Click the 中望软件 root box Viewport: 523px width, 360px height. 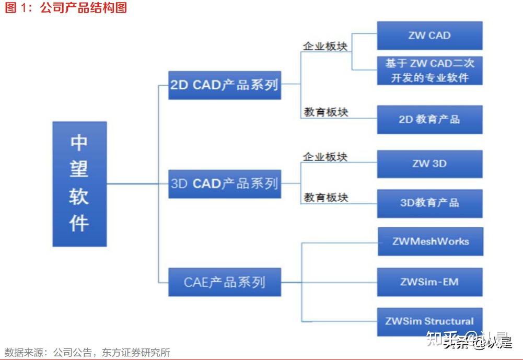79,184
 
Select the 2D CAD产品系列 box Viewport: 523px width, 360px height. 225,85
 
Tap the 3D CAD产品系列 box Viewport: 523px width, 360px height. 225,184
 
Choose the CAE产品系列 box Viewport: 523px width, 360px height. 225,282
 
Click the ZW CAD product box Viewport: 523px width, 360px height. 429,36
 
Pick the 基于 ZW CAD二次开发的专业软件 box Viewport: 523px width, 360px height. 429,71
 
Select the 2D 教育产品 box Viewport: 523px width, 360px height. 429,119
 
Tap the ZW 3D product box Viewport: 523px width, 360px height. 429,164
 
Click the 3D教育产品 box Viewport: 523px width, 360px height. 429,203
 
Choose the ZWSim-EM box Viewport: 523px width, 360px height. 429,282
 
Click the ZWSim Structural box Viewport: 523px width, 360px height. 429,321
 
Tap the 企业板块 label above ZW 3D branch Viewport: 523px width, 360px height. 326,156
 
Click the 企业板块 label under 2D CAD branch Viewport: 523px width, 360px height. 326,46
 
